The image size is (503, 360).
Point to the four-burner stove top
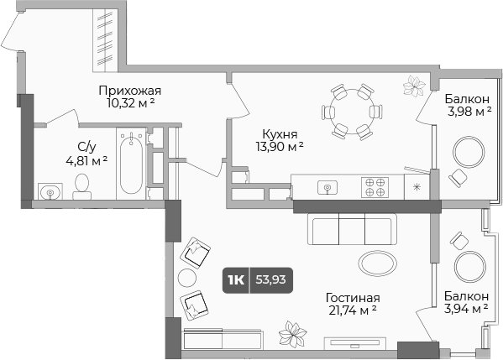tap(375, 186)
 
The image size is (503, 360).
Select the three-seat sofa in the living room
tap(352, 227)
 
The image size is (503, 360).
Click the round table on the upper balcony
tap(469, 153)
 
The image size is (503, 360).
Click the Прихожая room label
tap(129, 91)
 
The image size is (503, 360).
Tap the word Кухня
tap(279, 133)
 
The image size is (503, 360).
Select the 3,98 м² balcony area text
tap(468, 111)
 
